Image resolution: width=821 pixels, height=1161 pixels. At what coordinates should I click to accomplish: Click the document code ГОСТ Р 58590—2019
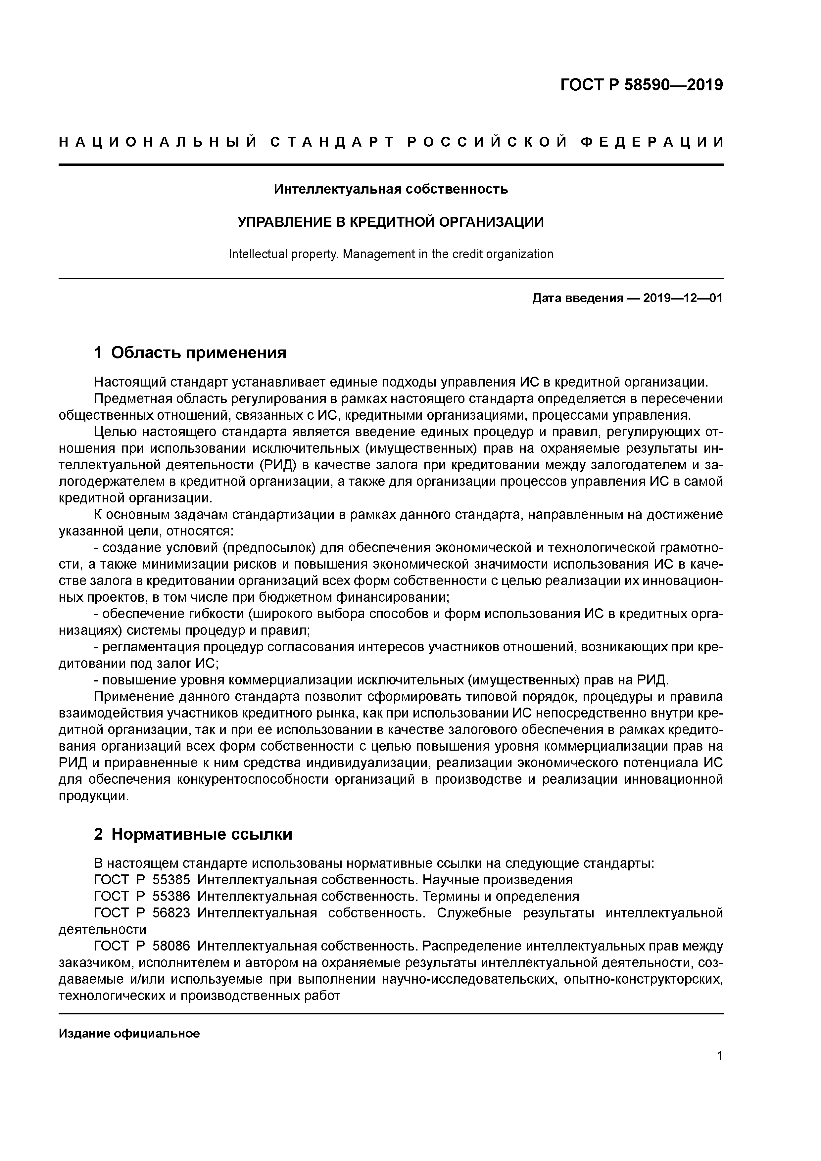coord(642,85)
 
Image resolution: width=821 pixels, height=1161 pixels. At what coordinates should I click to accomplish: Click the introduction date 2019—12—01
coord(682,298)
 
